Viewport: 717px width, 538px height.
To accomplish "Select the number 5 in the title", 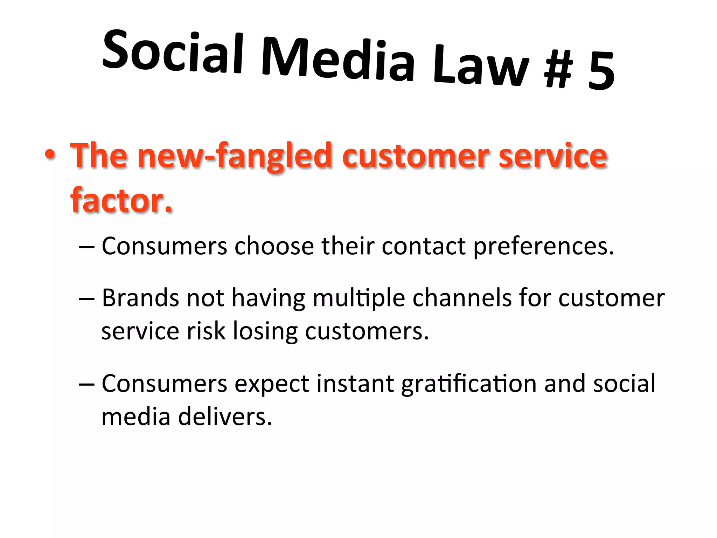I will pyautogui.click(x=601, y=72).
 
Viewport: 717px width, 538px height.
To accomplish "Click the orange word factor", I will pyautogui.click(x=121, y=200).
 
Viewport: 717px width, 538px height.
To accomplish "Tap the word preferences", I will pyautogui.click(x=543, y=247).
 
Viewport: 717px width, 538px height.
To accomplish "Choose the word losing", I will pyautogui.click(x=265, y=331).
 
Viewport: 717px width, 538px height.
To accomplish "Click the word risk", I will pyautogui.click(x=206, y=331).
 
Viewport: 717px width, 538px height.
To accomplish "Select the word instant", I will pyautogui.click(x=355, y=384).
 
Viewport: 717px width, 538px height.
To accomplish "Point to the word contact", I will pyautogui.click(x=424, y=246).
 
